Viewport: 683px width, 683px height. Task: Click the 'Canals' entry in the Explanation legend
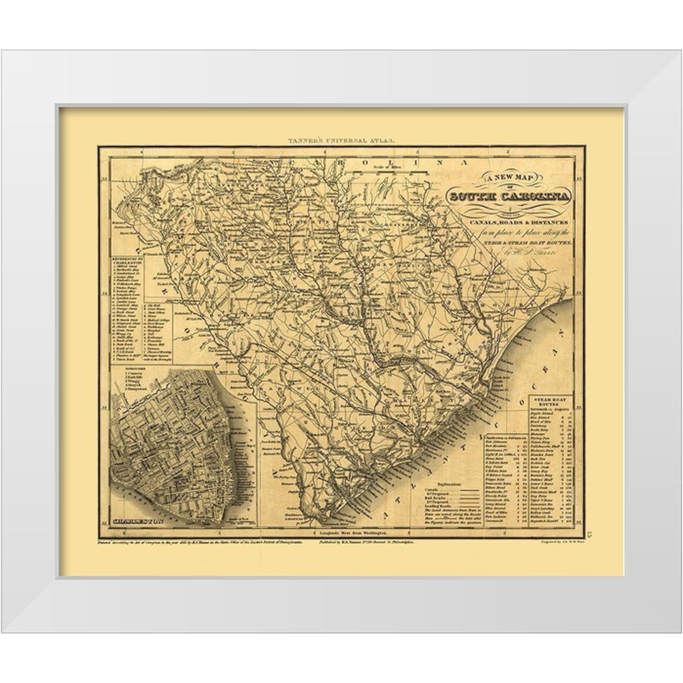[427, 489]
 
